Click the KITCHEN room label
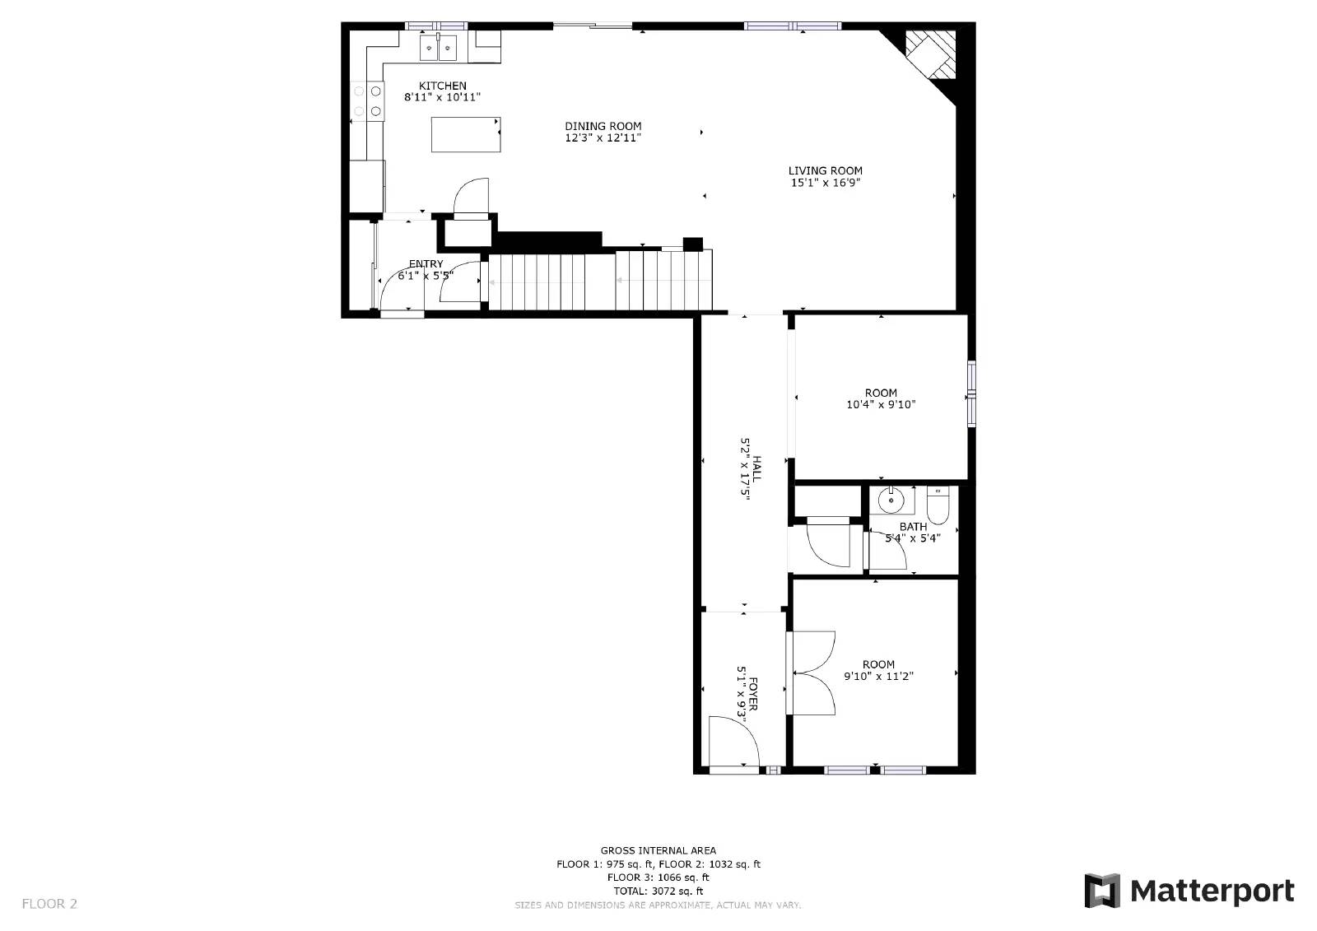[x=442, y=86]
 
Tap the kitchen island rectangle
[x=466, y=134]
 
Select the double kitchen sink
[x=438, y=49]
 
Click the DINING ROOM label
[x=603, y=126]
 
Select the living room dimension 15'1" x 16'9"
[x=826, y=183]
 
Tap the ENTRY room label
[x=426, y=264]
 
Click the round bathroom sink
[x=890, y=499]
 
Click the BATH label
[x=913, y=527]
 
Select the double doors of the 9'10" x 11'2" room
[x=813, y=673]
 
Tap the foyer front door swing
[x=733, y=742]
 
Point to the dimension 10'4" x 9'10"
[x=881, y=404]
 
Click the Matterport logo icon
[x=1103, y=891]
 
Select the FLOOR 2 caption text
[x=49, y=904]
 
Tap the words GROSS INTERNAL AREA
[x=658, y=850]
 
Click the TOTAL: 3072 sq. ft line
[x=658, y=891]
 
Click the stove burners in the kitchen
[x=368, y=100]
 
